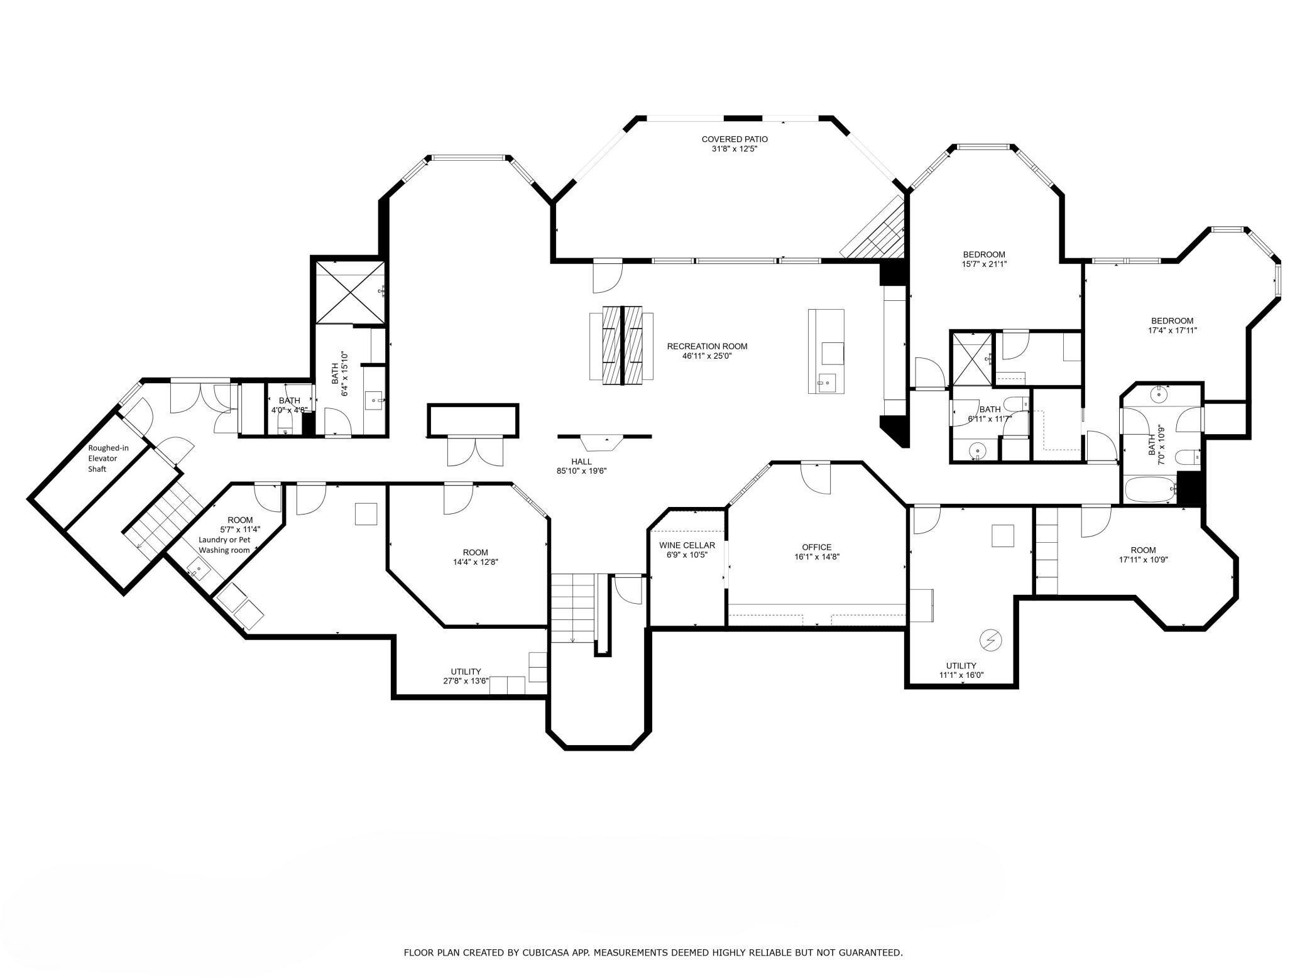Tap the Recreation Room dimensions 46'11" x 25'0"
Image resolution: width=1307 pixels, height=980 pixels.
click(707, 356)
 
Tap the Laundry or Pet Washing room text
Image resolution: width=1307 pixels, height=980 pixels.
click(224, 545)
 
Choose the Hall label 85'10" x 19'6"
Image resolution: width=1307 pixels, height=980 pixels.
click(581, 466)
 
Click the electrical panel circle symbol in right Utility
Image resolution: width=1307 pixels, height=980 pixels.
click(990, 640)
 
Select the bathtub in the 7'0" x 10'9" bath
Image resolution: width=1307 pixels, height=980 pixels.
click(1149, 489)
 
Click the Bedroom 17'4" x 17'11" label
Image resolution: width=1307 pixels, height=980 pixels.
click(1172, 325)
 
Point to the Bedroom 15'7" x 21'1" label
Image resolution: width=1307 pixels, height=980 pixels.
click(983, 259)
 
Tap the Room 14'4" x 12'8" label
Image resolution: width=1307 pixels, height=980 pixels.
click(475, 557)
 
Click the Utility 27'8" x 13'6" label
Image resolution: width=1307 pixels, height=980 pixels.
click(466, 676)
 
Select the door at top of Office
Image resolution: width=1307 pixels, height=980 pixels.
click(816, 477)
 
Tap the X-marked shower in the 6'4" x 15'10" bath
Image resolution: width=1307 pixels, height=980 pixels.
click(349, 292)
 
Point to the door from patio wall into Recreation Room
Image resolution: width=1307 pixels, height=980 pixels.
click(607, 277)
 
